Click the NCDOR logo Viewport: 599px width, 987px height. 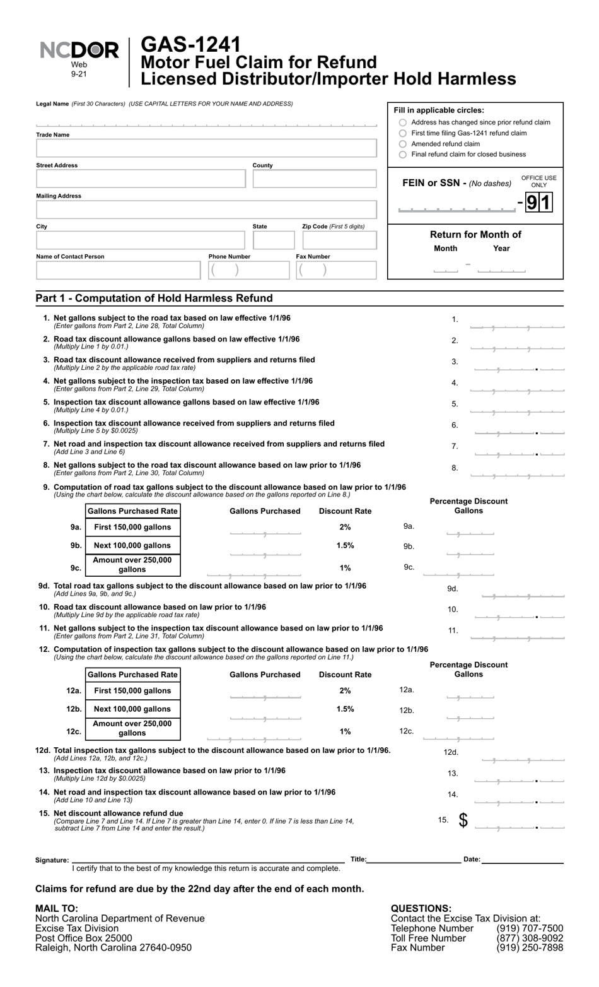tap(79, 51)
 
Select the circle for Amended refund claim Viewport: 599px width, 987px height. tap(403, 144)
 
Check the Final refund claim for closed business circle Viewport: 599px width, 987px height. tap(403, 155)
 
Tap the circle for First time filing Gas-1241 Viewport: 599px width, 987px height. tap(403, 133)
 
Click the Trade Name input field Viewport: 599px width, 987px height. tap(206, 148)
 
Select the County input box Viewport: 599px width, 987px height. tap(314, 179)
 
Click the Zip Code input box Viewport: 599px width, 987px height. tap(339, 240)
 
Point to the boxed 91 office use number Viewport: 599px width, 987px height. tap(539, 202)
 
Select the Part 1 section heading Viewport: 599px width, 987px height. tap(154, 298)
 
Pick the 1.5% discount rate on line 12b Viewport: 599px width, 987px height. tap(345, 709)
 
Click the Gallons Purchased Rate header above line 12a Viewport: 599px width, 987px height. tap(132, 675)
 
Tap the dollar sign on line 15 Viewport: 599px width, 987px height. tap(463, 820)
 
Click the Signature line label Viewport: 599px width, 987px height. tap(52, 860)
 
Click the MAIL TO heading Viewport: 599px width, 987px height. tap(57, 909)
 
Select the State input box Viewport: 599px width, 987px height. tap(274, 240)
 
